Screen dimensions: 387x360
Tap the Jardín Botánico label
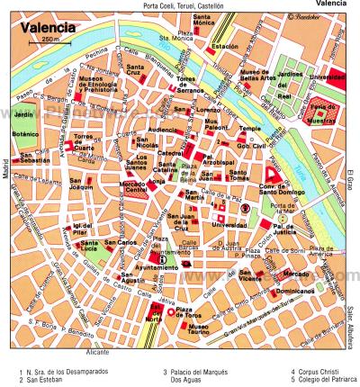(x=23, y=122)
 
